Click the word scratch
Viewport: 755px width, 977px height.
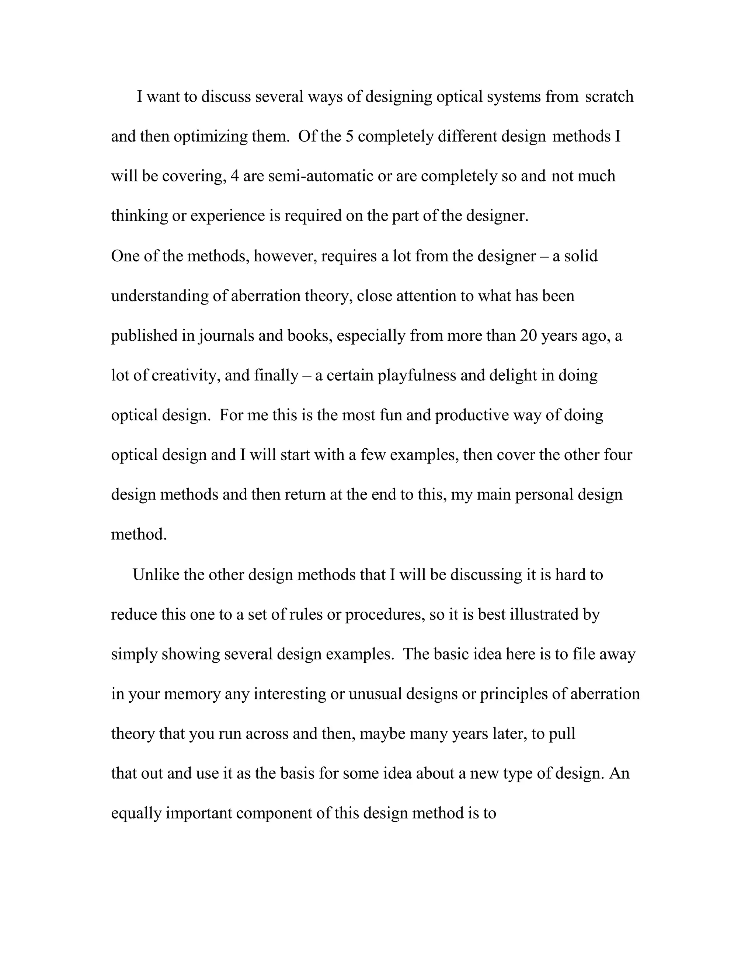pos(609,97)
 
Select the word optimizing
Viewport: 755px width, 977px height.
pos(210,136)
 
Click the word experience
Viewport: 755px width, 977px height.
pos(227,216)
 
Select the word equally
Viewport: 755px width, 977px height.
pos(136,813)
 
